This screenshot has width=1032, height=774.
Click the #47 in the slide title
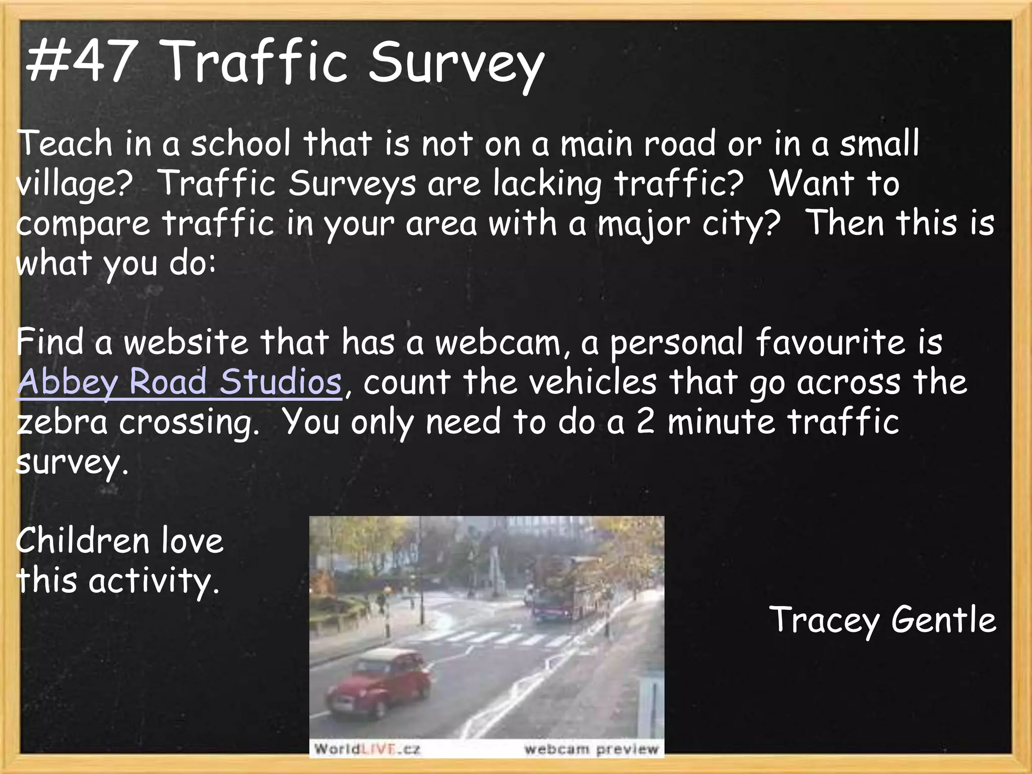(x=81, y=63)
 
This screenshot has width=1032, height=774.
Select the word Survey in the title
(x=456, y=66)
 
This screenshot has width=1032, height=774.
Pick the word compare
(x=83, y=225)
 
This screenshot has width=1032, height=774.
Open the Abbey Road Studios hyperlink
(x=179, y=382)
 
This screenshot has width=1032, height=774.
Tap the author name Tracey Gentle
(x=882, y=620)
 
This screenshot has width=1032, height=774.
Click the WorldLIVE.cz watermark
(x=367, y=749)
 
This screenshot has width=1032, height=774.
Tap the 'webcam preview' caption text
(x=591, y=749)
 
